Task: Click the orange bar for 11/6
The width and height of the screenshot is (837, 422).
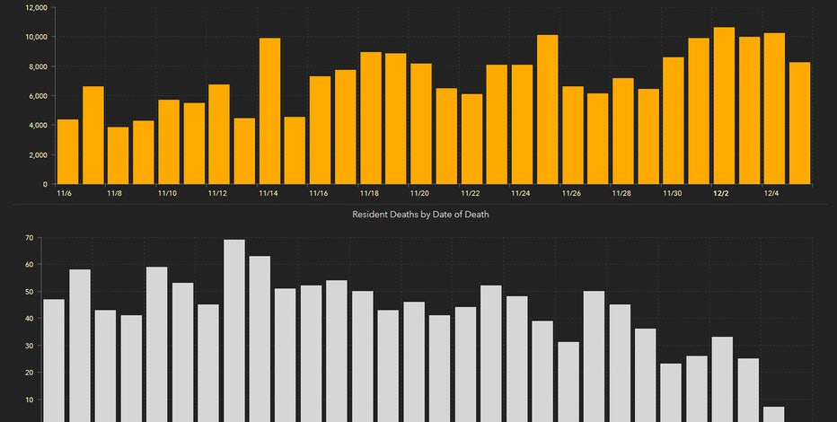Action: click(x=67, y=152)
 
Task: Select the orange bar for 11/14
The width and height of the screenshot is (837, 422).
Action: click(x=269, y=111)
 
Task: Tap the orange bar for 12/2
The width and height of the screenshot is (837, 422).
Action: click(x=724, y=106)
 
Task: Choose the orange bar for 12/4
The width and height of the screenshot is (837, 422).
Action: click(x=774, y=109)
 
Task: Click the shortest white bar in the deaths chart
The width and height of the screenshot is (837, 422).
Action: click(x=773, y=414)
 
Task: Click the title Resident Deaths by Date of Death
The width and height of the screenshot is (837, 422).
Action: click(x=420, y=215)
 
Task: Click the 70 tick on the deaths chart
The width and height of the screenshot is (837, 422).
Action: click(x=29, y=238)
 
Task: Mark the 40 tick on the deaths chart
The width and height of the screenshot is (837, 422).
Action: click(x=29, y=319)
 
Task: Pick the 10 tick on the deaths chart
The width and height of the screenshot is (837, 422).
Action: click(x=29, y=400)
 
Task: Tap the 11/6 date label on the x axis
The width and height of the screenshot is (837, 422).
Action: click(x=64, y=193)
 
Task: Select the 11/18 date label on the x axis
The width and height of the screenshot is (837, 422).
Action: click(x=368, y=193)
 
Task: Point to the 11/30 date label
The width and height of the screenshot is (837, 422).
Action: click(x=672, y=193)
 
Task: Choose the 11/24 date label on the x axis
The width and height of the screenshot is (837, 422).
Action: click(x=520, y=193)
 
